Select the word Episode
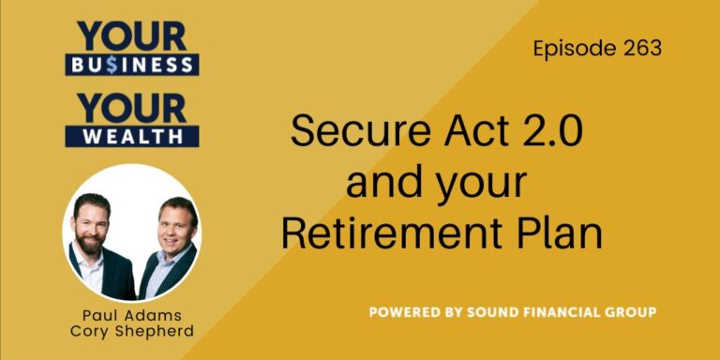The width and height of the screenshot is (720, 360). pyautogui.click(x=570, y=49)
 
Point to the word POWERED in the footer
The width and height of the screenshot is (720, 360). pyautogui.click(x=406, y=310)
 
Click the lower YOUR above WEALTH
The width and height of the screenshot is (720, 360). pyautogui.click(x=131, y=107)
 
